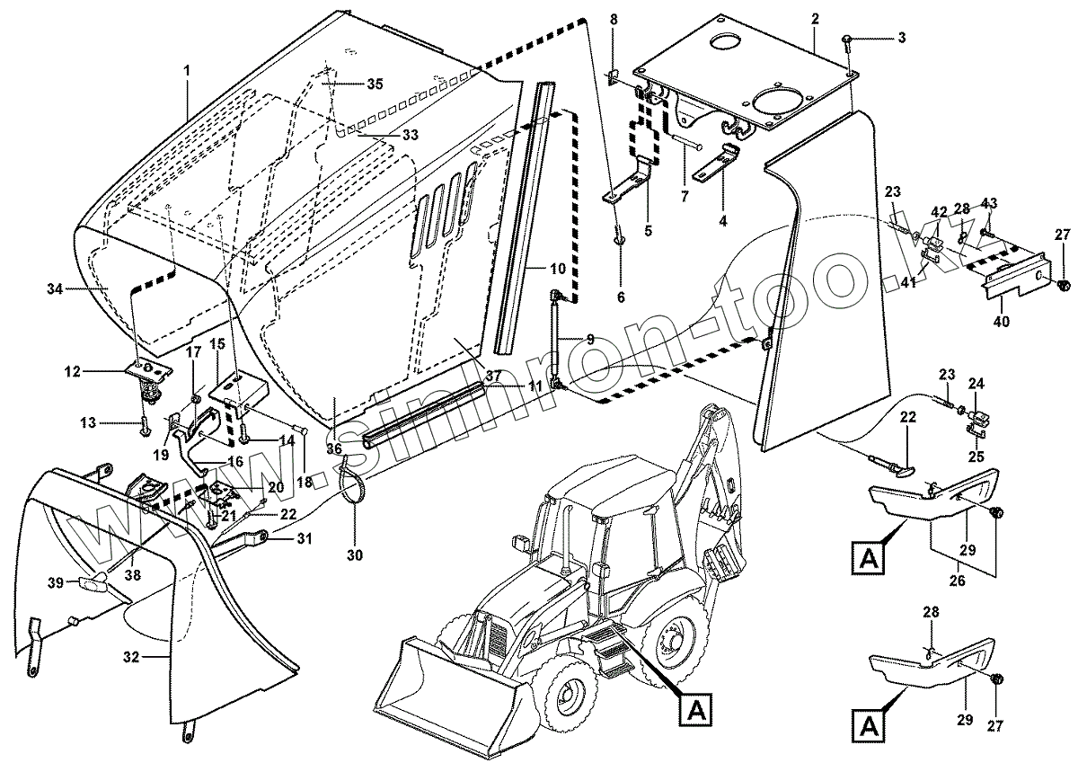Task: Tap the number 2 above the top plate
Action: click(x=814, y=19)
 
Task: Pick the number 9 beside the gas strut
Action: click(x=590, y=339)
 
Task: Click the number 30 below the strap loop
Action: click(x=354, y=555)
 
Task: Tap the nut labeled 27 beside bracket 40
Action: click(x=1065, y=285)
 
